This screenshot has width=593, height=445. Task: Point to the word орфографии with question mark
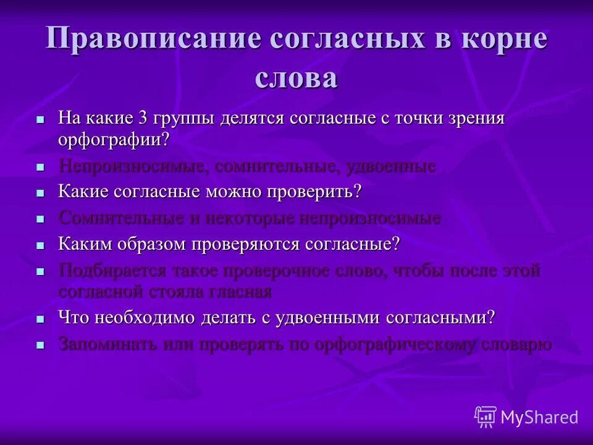coord(114,139)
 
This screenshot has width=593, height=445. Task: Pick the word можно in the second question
coord(232,192)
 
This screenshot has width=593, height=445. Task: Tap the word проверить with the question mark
coord(314,192)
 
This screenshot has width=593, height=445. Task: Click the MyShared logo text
coord(539,418)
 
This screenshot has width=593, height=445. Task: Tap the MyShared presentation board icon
coord(485,417)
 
